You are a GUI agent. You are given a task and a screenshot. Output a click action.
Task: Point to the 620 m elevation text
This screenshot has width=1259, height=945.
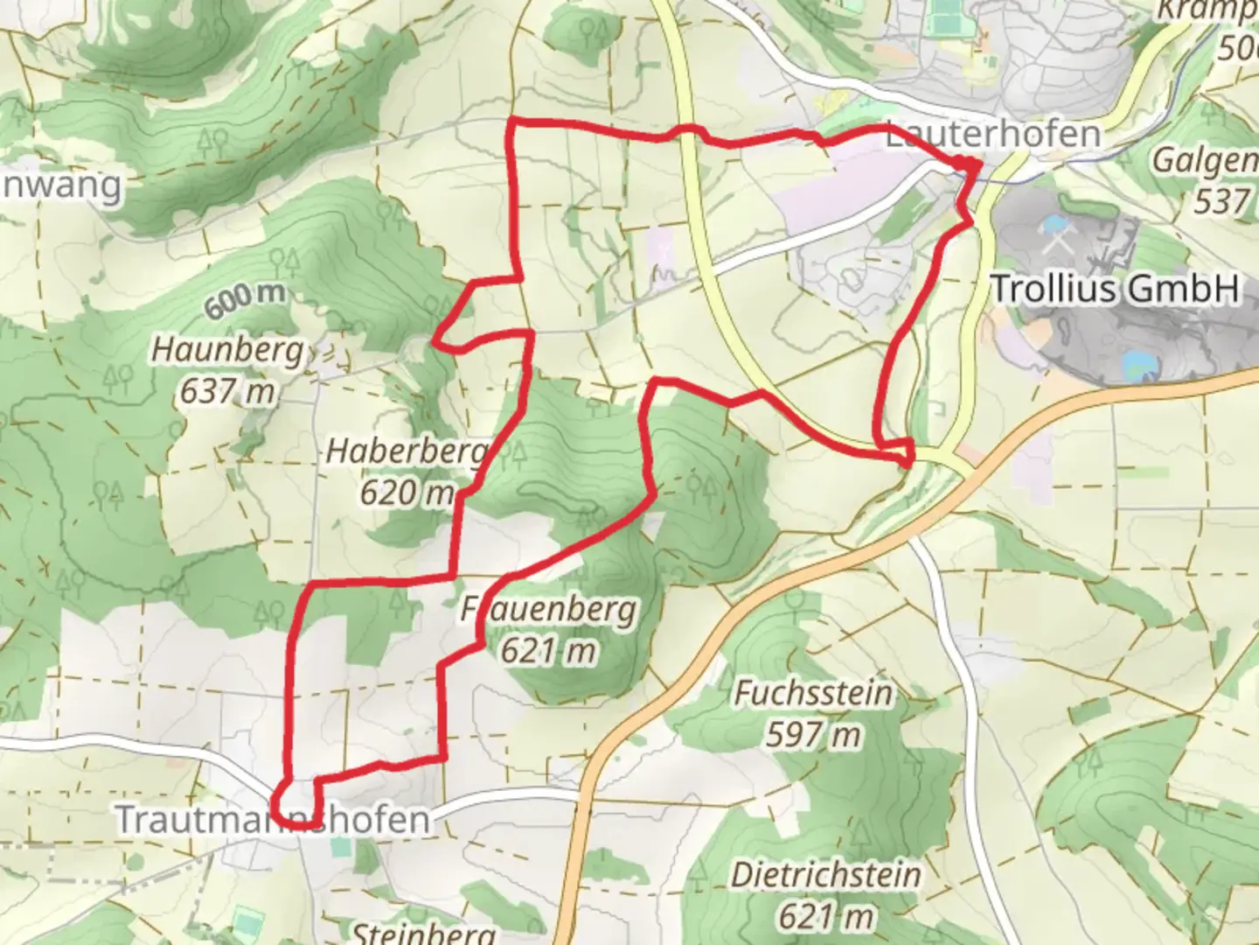pyautogui.click(x=407, y=493)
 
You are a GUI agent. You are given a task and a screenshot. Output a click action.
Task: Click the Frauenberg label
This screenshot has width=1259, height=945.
pyautogui.click(x=549, y=609)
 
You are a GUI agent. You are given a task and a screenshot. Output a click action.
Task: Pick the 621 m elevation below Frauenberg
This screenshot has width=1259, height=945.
pyautogui.click(x=549, y=650)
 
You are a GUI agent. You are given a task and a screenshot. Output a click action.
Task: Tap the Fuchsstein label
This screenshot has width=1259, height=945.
pyautogui.click(x=814, y=693)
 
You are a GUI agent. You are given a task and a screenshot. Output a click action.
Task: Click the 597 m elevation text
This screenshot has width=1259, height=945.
pyautogui.click(x=814, y=734)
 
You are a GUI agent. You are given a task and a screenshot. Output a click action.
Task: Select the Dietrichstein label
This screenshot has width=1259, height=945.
pyautogui.click(x=826, y=874)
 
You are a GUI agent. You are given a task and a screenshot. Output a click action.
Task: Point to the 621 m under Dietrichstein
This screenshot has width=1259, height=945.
pyautogui.click(x=826, y=915)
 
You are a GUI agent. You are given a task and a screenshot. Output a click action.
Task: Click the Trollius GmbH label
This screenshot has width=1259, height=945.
pyautogui.click(x=1116, y=288)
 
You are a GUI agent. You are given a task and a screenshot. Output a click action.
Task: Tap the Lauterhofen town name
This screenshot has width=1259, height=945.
pyautogui.click(x=993, y=135)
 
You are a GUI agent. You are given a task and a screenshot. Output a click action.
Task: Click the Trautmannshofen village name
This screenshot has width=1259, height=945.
pyautogui.click(x=273, y=820)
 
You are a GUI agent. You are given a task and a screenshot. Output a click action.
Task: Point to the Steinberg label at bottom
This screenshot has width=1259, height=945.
pyautogui.click(x=424, y=933)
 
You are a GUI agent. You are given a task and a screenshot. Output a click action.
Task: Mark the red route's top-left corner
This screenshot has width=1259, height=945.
pyautogui.click(x=511, y=120)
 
